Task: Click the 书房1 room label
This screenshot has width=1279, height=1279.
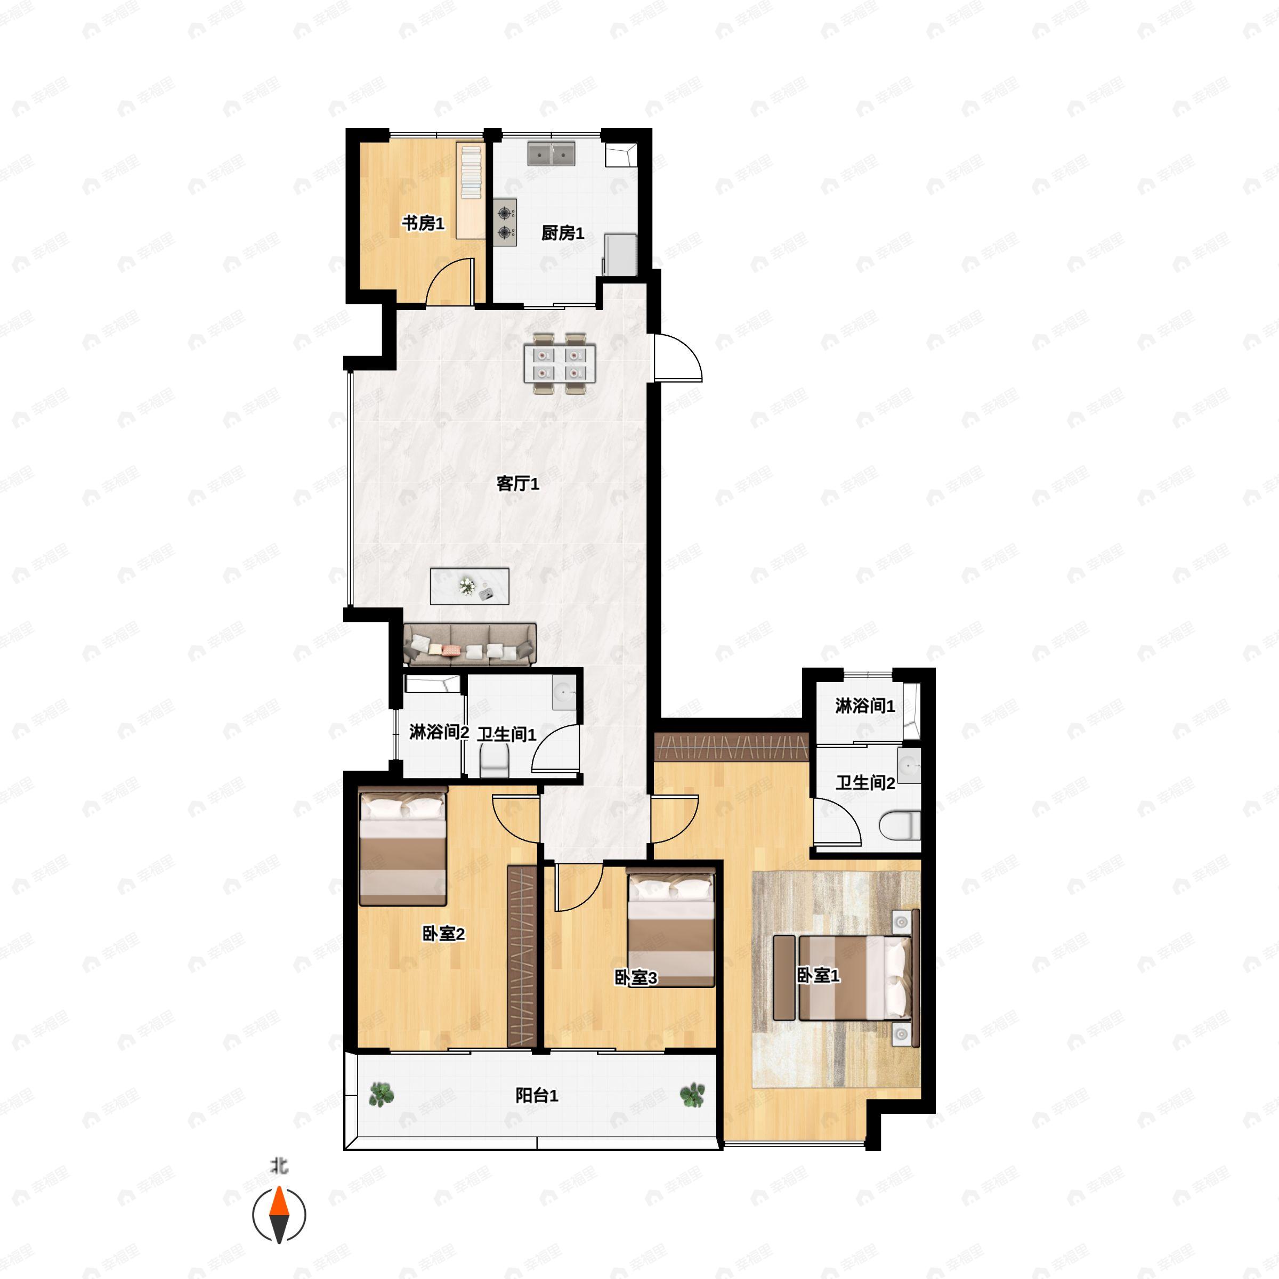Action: click(423, 224)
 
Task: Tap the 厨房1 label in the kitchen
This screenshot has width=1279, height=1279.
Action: click(563, 233)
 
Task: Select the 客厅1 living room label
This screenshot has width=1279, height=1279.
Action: click(517, 483)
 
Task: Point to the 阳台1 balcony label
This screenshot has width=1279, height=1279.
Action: click(537, 1096)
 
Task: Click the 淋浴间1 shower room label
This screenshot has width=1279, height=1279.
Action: click(864, 706)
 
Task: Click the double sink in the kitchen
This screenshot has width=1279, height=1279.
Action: click(551, 153)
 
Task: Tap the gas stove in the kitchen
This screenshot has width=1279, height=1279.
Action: click(505, 222)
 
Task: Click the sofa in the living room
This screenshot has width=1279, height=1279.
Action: click(469, 643)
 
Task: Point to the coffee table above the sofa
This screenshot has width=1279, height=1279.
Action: click(469, 586)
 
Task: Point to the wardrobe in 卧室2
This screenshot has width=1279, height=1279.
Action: click(522, 956)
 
